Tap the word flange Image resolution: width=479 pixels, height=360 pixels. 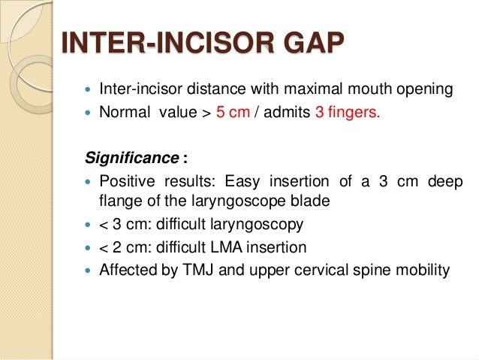(117, 201)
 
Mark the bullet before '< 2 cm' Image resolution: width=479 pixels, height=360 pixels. (89, 247)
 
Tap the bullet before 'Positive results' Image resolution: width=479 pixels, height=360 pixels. (89, 183)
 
